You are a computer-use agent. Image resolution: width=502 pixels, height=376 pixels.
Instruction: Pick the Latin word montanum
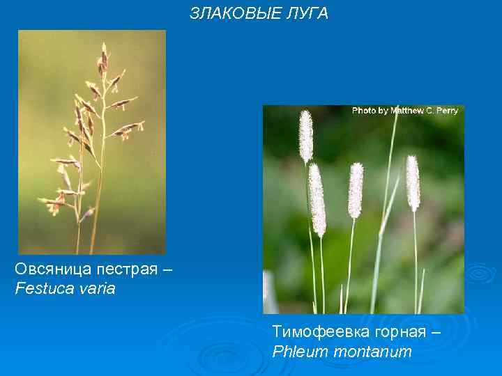(372, 352)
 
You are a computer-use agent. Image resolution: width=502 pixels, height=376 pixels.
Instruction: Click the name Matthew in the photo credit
(411, 111)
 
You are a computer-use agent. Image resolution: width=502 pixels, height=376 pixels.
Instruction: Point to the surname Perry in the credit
(446, 111)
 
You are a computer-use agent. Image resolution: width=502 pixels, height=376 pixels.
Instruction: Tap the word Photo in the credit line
(365, 111)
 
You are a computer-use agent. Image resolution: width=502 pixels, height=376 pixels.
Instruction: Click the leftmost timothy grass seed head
(305, 136)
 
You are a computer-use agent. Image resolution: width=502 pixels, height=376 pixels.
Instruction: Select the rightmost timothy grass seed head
(413, 182)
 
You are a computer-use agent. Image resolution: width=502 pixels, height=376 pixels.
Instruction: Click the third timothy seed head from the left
(356, 190)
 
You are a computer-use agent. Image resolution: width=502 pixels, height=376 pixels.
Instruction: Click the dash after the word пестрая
(164, 269)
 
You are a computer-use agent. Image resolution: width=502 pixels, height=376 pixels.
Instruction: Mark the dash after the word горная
(436, 332)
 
